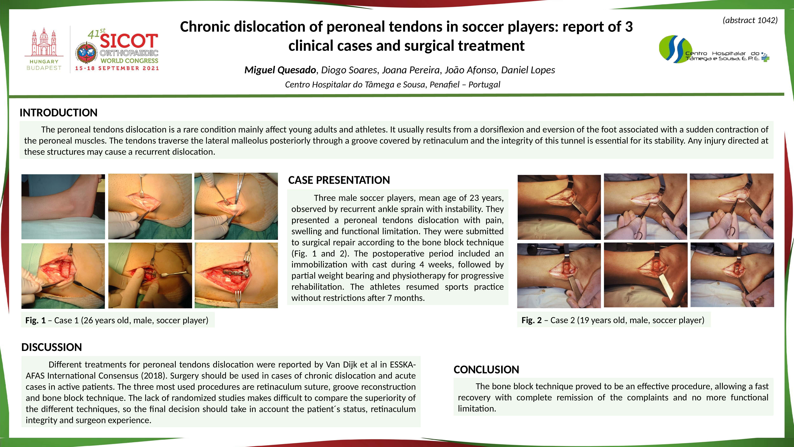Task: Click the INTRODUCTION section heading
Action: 59,113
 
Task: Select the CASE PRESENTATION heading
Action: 339,180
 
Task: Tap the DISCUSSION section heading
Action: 51,347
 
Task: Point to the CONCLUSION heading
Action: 486,370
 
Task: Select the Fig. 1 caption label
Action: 35,320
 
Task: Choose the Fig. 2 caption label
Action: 531,320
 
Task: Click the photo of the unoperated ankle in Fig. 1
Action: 63,207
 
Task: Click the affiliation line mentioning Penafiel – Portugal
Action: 392,85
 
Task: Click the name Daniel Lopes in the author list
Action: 528,70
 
